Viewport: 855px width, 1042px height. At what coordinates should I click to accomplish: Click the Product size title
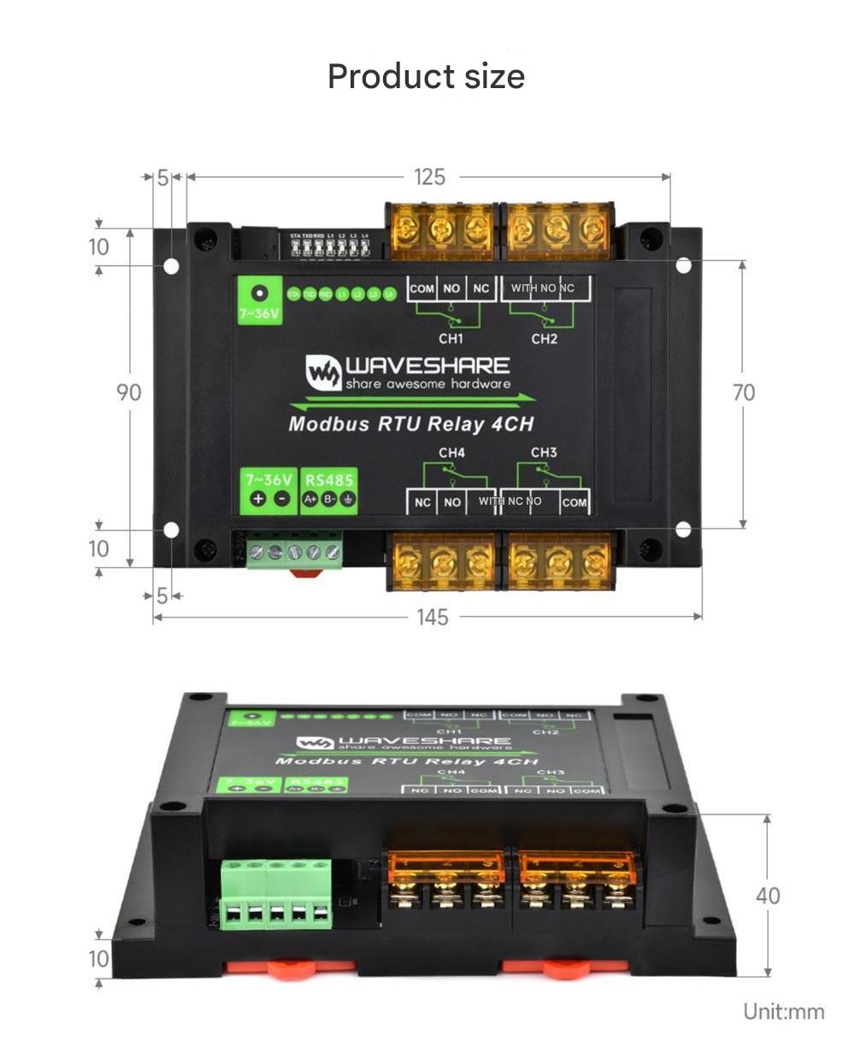tap(426, 76)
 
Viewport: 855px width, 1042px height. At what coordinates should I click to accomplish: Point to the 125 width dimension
tap(429, 177)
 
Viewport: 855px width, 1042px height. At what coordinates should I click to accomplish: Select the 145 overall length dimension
tap(432, 617)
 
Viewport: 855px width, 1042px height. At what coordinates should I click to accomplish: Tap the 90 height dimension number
tap(128, 393)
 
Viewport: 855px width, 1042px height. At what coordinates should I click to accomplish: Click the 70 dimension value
tap(744, 393)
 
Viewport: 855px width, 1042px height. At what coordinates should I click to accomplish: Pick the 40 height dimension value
tap(768, 896)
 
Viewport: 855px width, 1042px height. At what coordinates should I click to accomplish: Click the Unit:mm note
tap(783, 1012)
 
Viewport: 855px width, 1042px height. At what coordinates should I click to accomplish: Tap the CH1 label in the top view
tap(451, 339)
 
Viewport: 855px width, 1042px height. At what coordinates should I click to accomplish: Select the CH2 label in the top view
tap(544, 339)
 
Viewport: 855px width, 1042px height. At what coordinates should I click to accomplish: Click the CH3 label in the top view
tap(544, 452)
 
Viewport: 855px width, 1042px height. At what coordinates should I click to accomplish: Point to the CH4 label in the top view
tap(451, 452)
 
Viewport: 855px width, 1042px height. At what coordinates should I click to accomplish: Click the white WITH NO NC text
tap(542, 288)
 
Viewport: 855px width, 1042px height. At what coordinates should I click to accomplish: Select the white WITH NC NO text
tap(510, 500)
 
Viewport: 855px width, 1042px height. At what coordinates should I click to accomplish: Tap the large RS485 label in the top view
tap(328, 480)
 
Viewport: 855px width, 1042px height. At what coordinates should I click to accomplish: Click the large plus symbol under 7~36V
tap(257, 500)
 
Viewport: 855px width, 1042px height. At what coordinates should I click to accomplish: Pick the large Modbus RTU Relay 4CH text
tap(410, 423)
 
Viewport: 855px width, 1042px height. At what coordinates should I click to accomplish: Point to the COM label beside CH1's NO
tap(422, 289)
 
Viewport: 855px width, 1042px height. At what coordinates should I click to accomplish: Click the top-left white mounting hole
tap(171, 266)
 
